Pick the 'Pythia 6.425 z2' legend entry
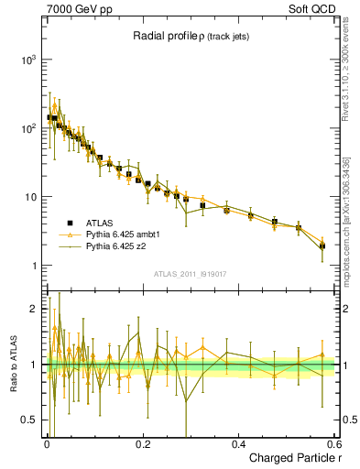click(115, 245)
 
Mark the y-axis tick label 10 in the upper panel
click(30, 197)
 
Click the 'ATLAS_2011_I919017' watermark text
click(190, 272)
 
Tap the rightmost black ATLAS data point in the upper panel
click(322, 245)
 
